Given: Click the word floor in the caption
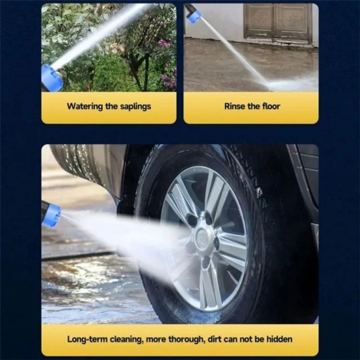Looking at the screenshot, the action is [x=272, y=106].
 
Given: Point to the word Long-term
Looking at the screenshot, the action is [x=87, y=339].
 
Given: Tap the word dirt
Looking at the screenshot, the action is [x=215, y=339].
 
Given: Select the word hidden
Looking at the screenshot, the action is [x=279, y=339].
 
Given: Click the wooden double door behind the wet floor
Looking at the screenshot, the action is [x=278, y=22].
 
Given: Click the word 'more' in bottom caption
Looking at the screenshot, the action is [x=156, y=340].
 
